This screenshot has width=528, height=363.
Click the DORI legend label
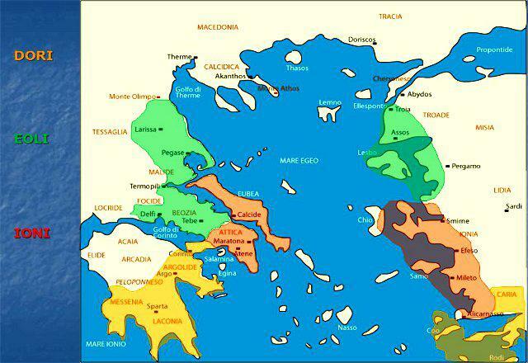pos(33,56)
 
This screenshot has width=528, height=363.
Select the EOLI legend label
pos(31,139)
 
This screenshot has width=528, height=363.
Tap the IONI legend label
pos(32,233)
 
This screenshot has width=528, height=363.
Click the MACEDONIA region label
pos(218,27)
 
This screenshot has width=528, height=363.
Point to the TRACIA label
pos(390,16)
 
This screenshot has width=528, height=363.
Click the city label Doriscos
pos(361,40)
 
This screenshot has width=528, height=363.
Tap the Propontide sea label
pos(494,49)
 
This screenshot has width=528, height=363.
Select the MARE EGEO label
pos(299,160)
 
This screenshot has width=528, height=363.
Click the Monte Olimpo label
pos(131,97)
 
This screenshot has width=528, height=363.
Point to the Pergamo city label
pos(466,166)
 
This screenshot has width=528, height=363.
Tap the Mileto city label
pos(466,278)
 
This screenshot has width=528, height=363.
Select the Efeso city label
pos(469,250)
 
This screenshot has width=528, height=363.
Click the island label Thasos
pos(297,68)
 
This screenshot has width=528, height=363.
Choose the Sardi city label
pos(513,206)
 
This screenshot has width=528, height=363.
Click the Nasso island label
pos(347,328)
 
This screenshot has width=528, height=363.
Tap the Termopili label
pos(146,186)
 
